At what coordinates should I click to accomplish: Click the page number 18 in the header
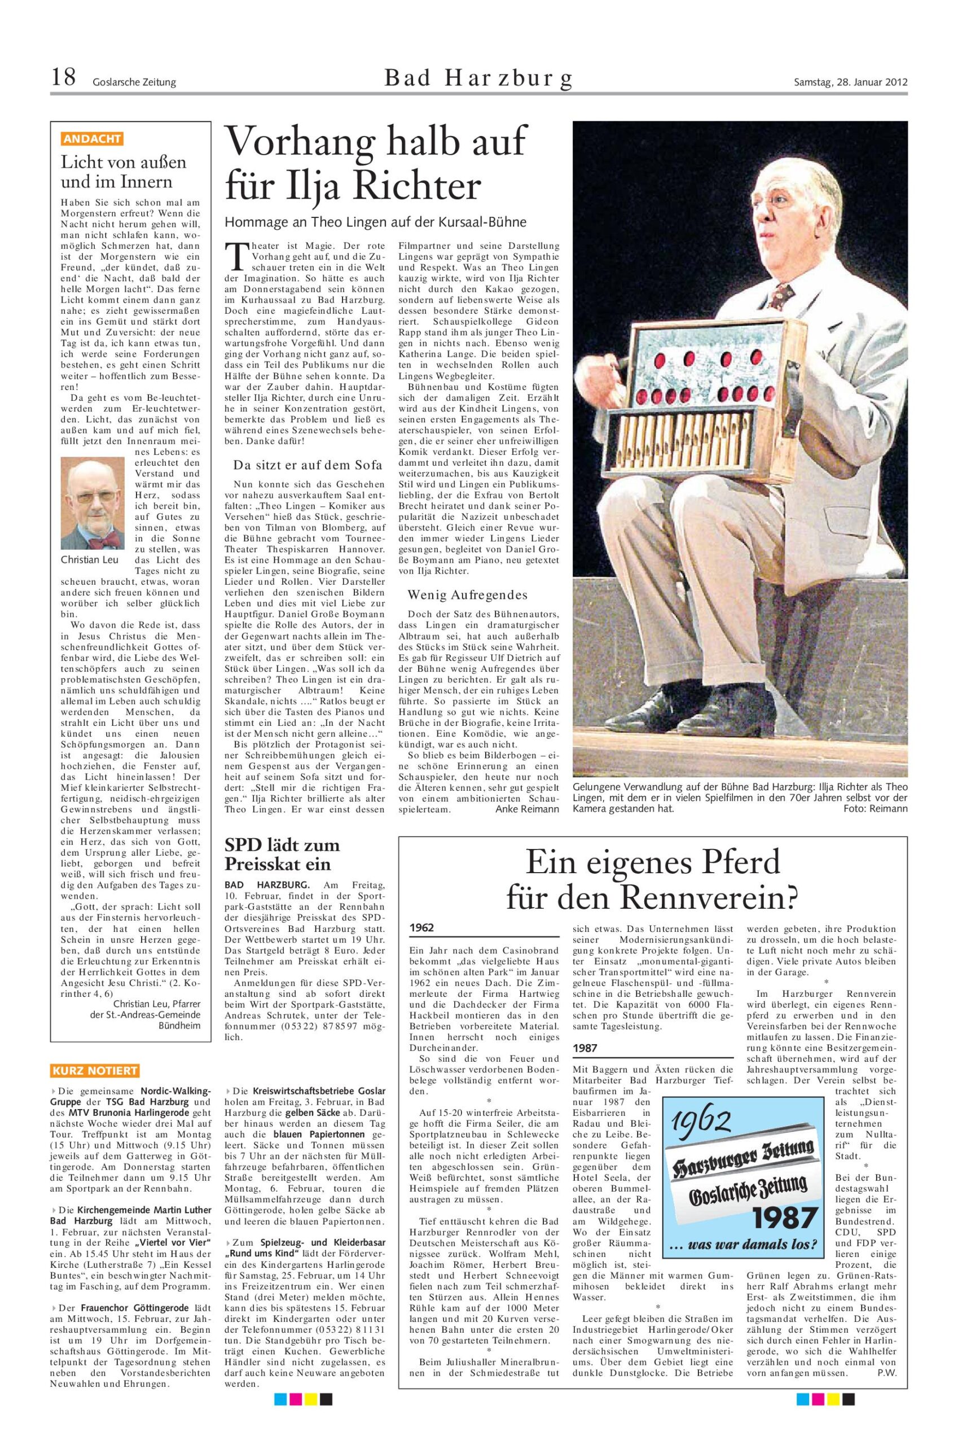pos(63,78)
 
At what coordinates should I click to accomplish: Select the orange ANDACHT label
pos(91,139)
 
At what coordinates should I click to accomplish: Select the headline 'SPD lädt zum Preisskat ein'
pos(282,855)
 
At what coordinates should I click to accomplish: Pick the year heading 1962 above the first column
pos(423,927)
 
